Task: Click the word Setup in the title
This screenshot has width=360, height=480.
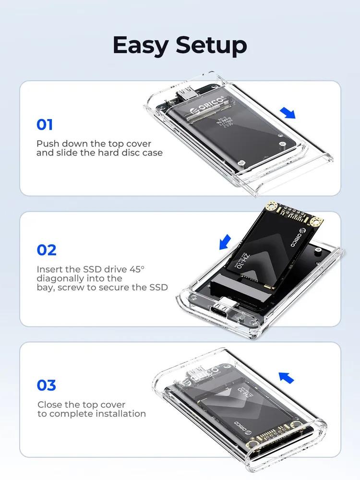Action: point(211,46)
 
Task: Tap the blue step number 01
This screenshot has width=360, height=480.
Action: point(45,125)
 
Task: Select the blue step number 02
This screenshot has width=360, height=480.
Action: point(47,250)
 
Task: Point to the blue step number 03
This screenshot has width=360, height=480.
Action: point(47,385)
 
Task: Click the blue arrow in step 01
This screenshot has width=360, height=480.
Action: point(288,113)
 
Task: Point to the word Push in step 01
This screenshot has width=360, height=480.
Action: point(47,144)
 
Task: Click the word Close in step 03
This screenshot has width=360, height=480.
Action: point(49,405)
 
